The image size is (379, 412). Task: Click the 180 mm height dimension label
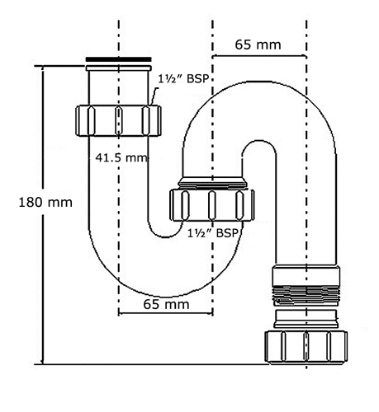click(x=45, y=203)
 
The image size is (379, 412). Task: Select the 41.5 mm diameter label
click(x=121, y=157)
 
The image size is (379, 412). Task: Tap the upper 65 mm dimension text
click(x=258, y=44)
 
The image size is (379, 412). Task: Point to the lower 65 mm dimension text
click(x=166, y=304)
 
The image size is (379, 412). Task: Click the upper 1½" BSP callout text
click(x=182, y=79)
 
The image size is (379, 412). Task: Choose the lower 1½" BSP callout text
click(x=212, y=233)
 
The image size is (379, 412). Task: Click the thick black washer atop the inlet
click(x=118, y=59)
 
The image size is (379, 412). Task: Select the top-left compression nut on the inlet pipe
click(x=118, y=120)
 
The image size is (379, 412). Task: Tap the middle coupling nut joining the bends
click(x=211, y=205)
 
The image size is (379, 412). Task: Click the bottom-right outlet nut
click(x=306, y=348)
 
